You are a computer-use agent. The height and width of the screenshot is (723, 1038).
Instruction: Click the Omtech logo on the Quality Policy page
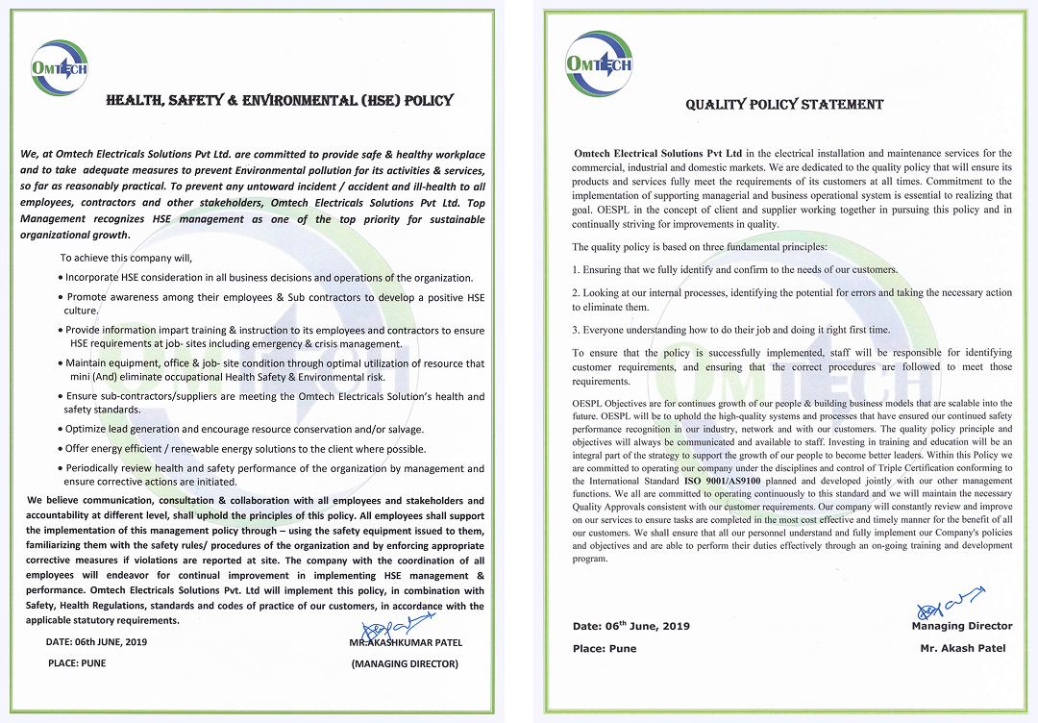coord(598,62)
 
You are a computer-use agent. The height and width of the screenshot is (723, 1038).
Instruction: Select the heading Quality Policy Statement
coord(784,105)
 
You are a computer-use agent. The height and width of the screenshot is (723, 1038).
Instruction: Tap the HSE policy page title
coord(280,100)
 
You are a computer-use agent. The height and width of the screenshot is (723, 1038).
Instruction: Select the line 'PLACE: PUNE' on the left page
coord(77,663)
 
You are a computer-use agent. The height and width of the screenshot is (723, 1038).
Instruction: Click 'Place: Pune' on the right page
coord(605,648)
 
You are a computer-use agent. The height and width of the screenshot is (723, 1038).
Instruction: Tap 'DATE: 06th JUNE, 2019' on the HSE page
coord(96,641)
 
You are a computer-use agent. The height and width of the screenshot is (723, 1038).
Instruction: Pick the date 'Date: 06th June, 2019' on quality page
coord(631,626)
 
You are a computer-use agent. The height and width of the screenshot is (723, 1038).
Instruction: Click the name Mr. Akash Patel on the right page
coord(962,648)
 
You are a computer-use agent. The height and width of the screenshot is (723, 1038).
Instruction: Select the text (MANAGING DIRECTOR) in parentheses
coord(405,663)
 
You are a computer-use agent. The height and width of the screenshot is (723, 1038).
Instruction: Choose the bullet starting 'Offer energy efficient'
coord(245,448)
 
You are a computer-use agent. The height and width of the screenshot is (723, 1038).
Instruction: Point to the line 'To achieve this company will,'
coord(126,258)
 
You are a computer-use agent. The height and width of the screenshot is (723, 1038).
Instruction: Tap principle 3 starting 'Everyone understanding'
coord(730,330)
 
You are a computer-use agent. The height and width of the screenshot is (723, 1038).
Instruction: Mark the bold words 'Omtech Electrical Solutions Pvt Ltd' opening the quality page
coord(657,153)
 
